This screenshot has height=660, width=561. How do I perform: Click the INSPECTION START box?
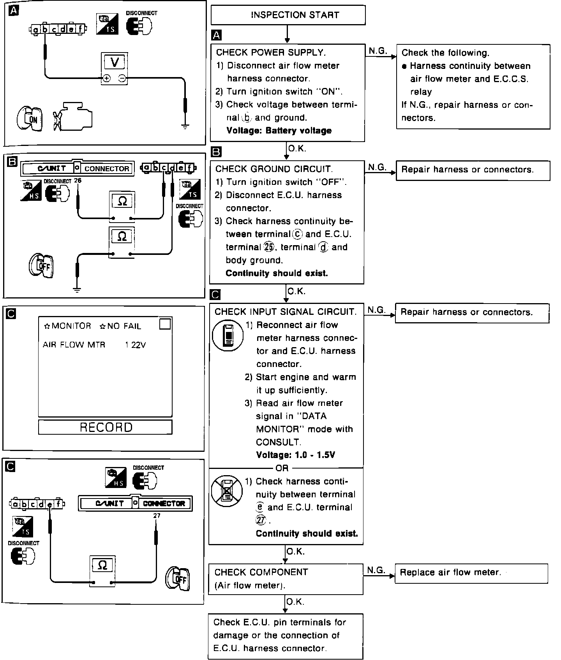pyautogui.click(x=288, y=15)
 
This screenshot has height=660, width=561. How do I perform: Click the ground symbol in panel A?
pyautogui.click(x=185, y=125)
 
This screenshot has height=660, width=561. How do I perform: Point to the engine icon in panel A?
pyautogui.click(x=74, y=116)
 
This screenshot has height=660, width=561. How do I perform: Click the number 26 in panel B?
pyautogui.click(x=78, y=181)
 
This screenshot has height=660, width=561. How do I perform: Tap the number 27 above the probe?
pyautogui.click(x=157, y=516)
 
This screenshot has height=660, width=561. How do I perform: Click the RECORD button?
pyautogui.click(x=105, y=427)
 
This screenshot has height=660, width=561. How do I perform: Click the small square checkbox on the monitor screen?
pyautogui.click(x=165, y=324)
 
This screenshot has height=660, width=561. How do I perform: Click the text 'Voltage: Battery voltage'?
pyautogui.click(x=279, y=131)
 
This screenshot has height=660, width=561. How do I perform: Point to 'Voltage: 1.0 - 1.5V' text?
pyautogui.click(x=295, y=455)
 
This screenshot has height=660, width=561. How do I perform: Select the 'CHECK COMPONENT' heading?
pyautogui.click(x=261, y=572)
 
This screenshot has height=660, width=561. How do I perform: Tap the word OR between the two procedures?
pyautogui.click(x=282, y=468)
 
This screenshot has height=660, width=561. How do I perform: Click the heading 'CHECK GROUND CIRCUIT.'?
pyautogui.click(x=274, y=169)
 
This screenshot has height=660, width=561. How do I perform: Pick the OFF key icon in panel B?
pyautogui.click(x=41, y=266)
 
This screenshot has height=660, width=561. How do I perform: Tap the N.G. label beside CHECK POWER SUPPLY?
pyautogui.click(x=378, y=51)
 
